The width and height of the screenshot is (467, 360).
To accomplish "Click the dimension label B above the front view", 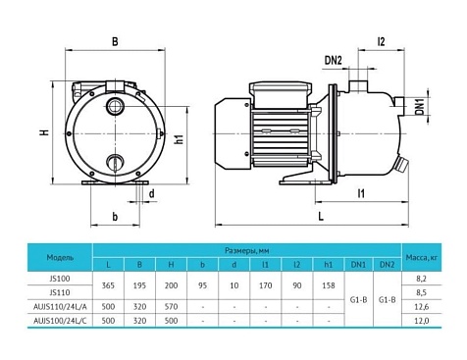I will click(x=115, y=41).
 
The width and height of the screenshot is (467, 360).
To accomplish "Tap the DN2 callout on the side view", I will click(x=334, y=62).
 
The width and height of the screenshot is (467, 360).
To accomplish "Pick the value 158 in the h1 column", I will click(x=327, y=284).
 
